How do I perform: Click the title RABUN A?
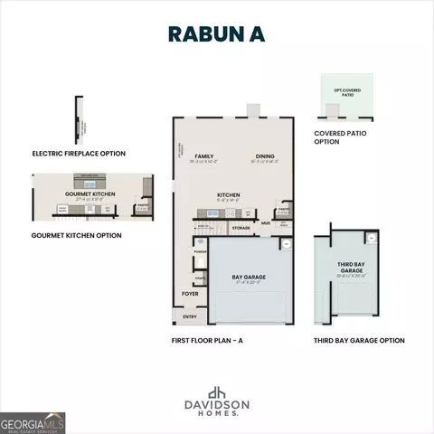(217, 33)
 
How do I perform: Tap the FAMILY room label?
(190, 156)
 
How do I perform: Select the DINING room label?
(264, 156)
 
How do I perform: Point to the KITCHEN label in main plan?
(228, 194)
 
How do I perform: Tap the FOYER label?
(190, 294)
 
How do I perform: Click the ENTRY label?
(190, 316)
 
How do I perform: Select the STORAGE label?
(241, 228)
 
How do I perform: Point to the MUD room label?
(266, 222)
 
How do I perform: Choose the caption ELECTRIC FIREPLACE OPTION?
(79, 153)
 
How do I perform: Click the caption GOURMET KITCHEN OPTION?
(77, 235)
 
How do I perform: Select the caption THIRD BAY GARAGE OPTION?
(359, 340)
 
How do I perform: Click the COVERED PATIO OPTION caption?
(341, 138)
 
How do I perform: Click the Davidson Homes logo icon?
(217, 392)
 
